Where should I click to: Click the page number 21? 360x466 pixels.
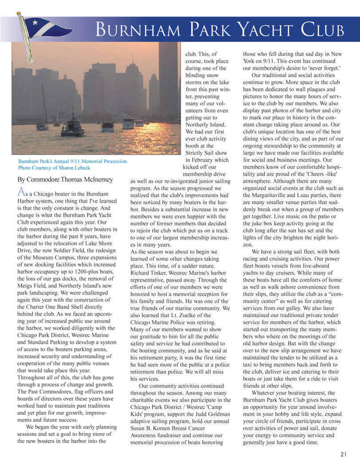[344, 454]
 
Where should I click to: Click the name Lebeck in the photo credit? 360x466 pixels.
[82, 168]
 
